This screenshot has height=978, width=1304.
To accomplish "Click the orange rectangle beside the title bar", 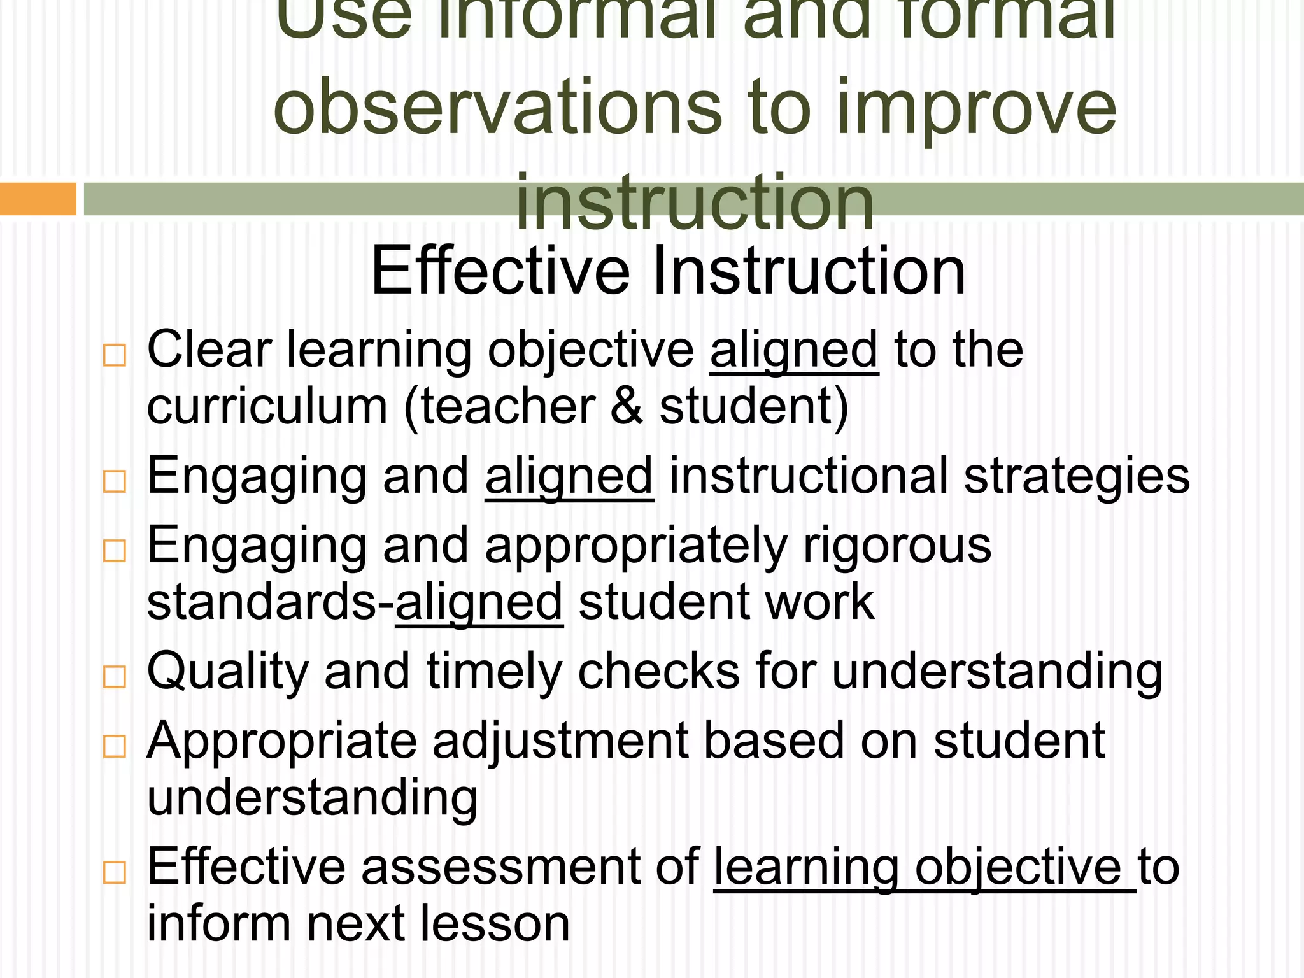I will (x=38, y=199).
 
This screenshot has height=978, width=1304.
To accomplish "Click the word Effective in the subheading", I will (x=500, y=271).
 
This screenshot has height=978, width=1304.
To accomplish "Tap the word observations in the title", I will (x=497, y=107).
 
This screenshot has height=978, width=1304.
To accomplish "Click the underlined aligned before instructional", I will (x=569, y=476).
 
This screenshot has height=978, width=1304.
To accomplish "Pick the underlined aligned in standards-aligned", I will (x=479, y=602).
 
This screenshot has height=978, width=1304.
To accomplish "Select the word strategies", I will (x=1077, y=476).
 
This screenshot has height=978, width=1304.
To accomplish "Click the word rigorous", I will (x=897, y=546).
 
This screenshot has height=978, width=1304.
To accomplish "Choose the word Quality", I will (x=227, y=672).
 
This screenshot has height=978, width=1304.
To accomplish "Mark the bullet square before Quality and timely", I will (x=115, y=676).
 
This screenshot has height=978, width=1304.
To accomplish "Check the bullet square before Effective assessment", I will (x=115, y=872).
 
